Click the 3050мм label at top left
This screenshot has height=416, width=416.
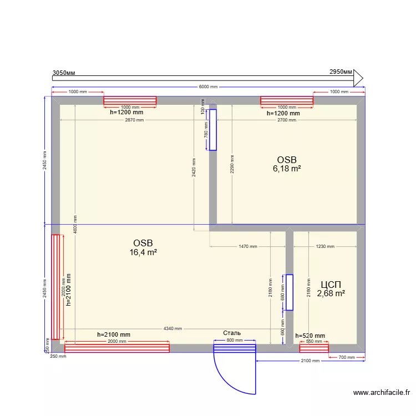(64, 73)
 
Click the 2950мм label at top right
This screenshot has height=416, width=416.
(341, 72)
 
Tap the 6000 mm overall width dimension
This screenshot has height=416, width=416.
(208, 87)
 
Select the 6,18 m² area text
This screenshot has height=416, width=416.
(287, 169)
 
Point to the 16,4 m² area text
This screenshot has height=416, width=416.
(143, 252)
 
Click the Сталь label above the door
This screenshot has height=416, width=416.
(232, 333)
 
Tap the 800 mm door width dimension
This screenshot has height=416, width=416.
(235, 340)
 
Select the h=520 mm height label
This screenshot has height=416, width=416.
(310, 336)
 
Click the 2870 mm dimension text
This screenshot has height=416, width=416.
(134, 120)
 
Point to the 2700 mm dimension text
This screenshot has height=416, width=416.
(286, 120)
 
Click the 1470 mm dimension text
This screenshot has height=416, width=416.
(248, 246)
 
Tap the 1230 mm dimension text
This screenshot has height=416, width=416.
(325, 246)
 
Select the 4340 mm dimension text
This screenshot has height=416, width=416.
(172, 328)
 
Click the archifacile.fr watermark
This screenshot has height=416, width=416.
(382, 393)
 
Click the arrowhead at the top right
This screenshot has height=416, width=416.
(358, 77)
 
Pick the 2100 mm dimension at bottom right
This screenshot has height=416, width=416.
(310, 361)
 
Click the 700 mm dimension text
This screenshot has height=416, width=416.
(347, 357)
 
